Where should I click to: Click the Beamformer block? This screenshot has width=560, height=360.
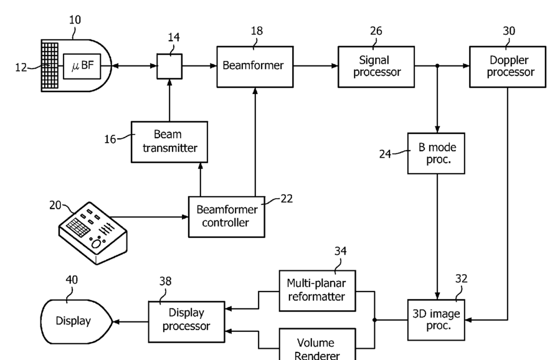(255, 67)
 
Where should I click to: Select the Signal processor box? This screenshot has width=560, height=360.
(376, 67)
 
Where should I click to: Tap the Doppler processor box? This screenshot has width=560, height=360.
(508, 67)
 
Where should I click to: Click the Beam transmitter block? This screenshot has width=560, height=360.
(169, 142)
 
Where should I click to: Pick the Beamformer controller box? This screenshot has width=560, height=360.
(226, 216)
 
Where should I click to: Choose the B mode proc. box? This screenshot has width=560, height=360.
(436, 154)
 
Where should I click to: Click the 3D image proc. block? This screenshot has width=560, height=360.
(436, 320)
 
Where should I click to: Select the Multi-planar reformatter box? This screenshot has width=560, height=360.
(317, 291)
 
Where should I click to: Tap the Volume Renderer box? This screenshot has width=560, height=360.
(317, 344)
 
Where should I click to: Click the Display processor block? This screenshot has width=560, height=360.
(186, 322)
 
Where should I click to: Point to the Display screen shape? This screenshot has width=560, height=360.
(77, 321)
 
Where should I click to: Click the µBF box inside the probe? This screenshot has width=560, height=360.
(82, 66)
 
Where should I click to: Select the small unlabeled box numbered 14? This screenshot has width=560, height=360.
(169, 67)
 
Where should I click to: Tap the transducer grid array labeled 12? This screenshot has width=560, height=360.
(50, 66)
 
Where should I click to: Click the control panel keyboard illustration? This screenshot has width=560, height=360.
(92, 233)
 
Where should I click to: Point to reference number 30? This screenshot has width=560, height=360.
(509, 31)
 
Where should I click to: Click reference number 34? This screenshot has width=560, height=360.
(340, 251)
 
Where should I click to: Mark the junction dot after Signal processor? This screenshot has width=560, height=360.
(437, 66)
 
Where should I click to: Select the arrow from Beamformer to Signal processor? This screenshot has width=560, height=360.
(316, 66)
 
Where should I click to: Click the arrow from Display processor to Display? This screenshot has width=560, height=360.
(131, 322)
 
